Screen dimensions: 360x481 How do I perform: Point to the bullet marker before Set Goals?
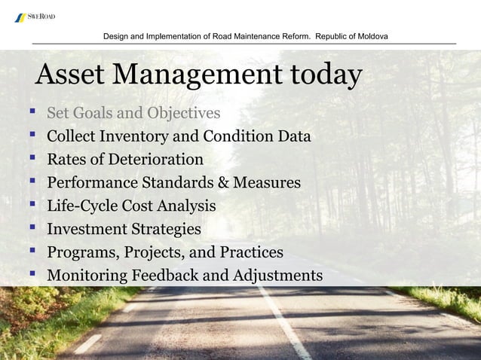click(x=32, y=113)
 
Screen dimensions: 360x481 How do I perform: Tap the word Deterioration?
click(x=158, y=160)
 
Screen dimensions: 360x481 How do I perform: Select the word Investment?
click(x=84, y=229)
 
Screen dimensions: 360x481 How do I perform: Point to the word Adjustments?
click(x=276, y=276)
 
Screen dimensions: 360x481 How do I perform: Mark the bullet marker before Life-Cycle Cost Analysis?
click(x=32, y=206)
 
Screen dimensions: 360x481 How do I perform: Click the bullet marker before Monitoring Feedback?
click(x=32, y=275)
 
